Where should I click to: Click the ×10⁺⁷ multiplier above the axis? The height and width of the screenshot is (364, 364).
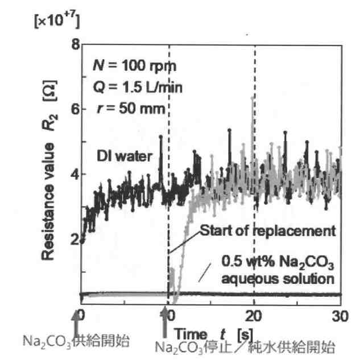[56, 22]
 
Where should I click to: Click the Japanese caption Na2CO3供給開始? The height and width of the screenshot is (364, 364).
[76, 341]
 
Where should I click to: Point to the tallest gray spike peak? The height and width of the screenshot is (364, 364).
[252, 97]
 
